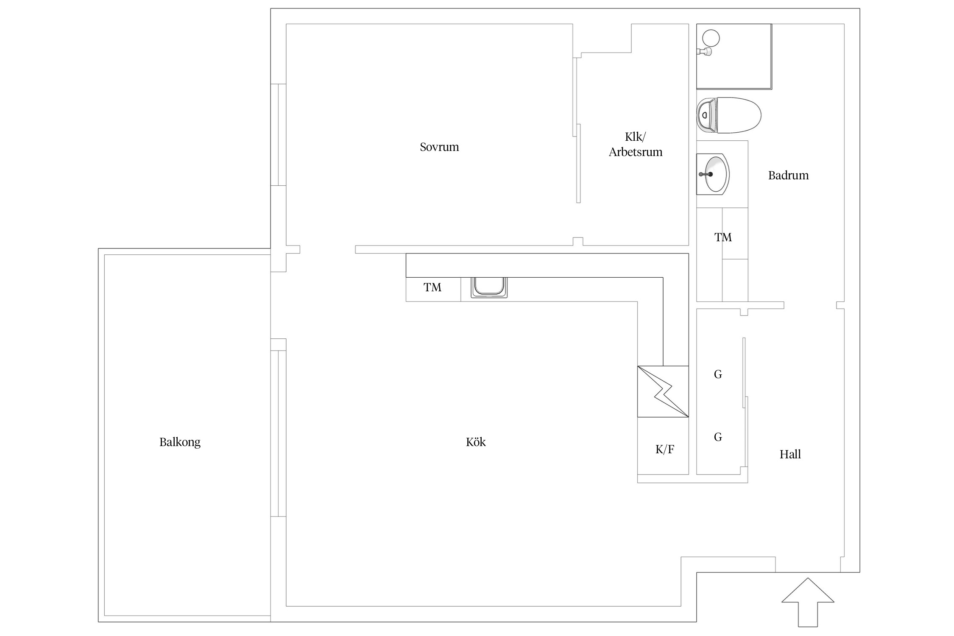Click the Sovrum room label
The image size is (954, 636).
[439, 147]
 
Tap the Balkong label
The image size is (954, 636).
[180, 442]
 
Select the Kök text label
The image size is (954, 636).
[476, 442]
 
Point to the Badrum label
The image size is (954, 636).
[788, 175]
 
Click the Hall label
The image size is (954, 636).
[790, 454]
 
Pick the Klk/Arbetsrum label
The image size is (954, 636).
[636, 144]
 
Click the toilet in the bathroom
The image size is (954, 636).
[729, 115]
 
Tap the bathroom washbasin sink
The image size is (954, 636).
[713, 174]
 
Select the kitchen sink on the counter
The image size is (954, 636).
[489, 287]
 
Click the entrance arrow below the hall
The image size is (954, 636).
[808, 602]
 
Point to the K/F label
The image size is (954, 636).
[665, 449]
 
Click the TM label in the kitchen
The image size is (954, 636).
[432, 287]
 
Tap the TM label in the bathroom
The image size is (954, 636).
[723, 237]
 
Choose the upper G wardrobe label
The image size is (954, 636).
[718, 374]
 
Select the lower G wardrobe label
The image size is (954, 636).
[718, 437]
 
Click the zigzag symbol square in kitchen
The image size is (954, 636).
[663, 391]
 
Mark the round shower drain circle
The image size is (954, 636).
[711, 38]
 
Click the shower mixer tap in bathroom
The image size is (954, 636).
[704, 52]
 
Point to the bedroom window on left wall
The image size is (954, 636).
[278, 135]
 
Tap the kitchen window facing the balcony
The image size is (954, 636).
[278, 433]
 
